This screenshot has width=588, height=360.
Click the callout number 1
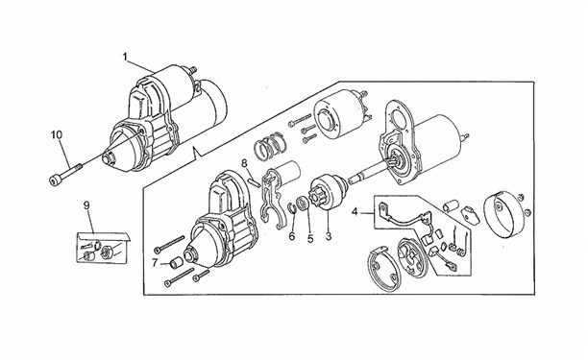tap(125, 57)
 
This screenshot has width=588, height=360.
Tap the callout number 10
tap(57, 134)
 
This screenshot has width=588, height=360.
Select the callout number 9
tap(86, 204)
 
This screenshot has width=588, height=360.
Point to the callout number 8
tap(244, 163)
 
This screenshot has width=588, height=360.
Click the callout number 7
tap(156, 263)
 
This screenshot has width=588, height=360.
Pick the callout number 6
tap(292, 236)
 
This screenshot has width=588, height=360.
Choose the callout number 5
tap(310, 239)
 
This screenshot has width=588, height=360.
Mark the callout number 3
tap(329, 237)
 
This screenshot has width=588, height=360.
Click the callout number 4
tap(355, 213)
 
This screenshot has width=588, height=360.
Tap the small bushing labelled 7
tap(176, 263)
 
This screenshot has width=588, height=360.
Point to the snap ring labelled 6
tap(292, 207)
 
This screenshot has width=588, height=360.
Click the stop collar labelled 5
tap(302, 203)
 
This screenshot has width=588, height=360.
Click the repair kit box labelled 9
tap(102, 248)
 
